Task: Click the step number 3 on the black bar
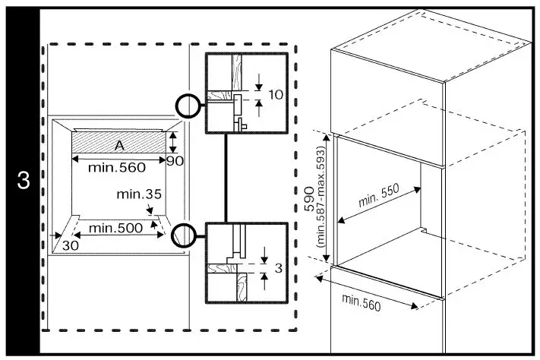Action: tap(24, 182)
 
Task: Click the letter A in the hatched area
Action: tap(119, 145)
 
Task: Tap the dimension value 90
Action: tap(175, 160)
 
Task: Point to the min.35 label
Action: tap(140, 194)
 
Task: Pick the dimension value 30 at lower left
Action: tap(70, 245)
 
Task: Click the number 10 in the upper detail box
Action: tap(276, 95)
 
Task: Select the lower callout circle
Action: tap(183, 236)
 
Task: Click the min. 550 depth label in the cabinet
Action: tap(379, 199)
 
